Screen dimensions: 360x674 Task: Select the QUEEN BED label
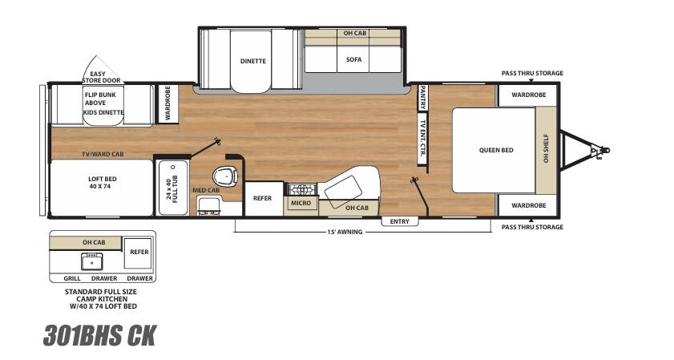coord(496,150)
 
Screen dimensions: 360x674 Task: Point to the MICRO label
coord(301,204)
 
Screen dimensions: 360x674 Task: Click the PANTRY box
coord(422,98)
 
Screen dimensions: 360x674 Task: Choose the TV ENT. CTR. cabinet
coord(422,138)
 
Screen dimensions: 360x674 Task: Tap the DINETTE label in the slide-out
coord(253,61)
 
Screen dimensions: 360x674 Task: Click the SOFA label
coord(353,59)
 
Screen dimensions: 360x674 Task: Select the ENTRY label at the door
coord(400,220)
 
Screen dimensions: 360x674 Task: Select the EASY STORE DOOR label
coord(98,77)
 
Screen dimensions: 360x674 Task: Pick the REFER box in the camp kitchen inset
coord(139,252)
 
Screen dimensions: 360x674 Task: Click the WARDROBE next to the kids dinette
coord(167,103)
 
